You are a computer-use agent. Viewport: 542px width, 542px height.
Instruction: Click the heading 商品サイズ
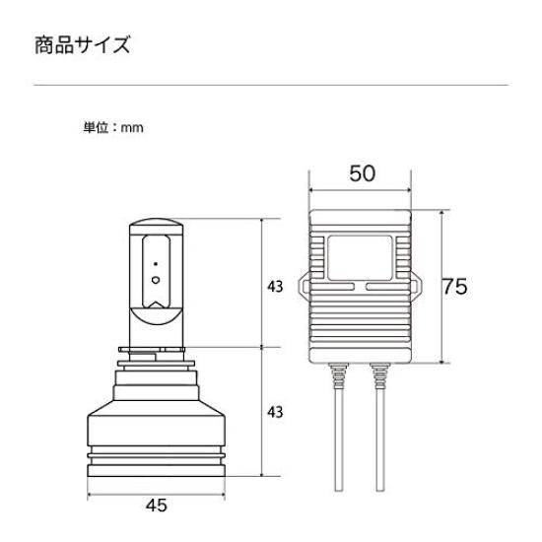coord(82,45)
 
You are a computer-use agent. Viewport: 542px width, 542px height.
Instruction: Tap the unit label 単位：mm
coord(113,127)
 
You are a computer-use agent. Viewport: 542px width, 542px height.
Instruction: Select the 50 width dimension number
coord(361,174)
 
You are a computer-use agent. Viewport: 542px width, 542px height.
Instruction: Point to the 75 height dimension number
coord(454,287)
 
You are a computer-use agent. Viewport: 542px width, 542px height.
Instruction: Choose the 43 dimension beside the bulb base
coord(275,410)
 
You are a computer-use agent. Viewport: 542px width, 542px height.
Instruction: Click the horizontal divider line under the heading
coord(271,86)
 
